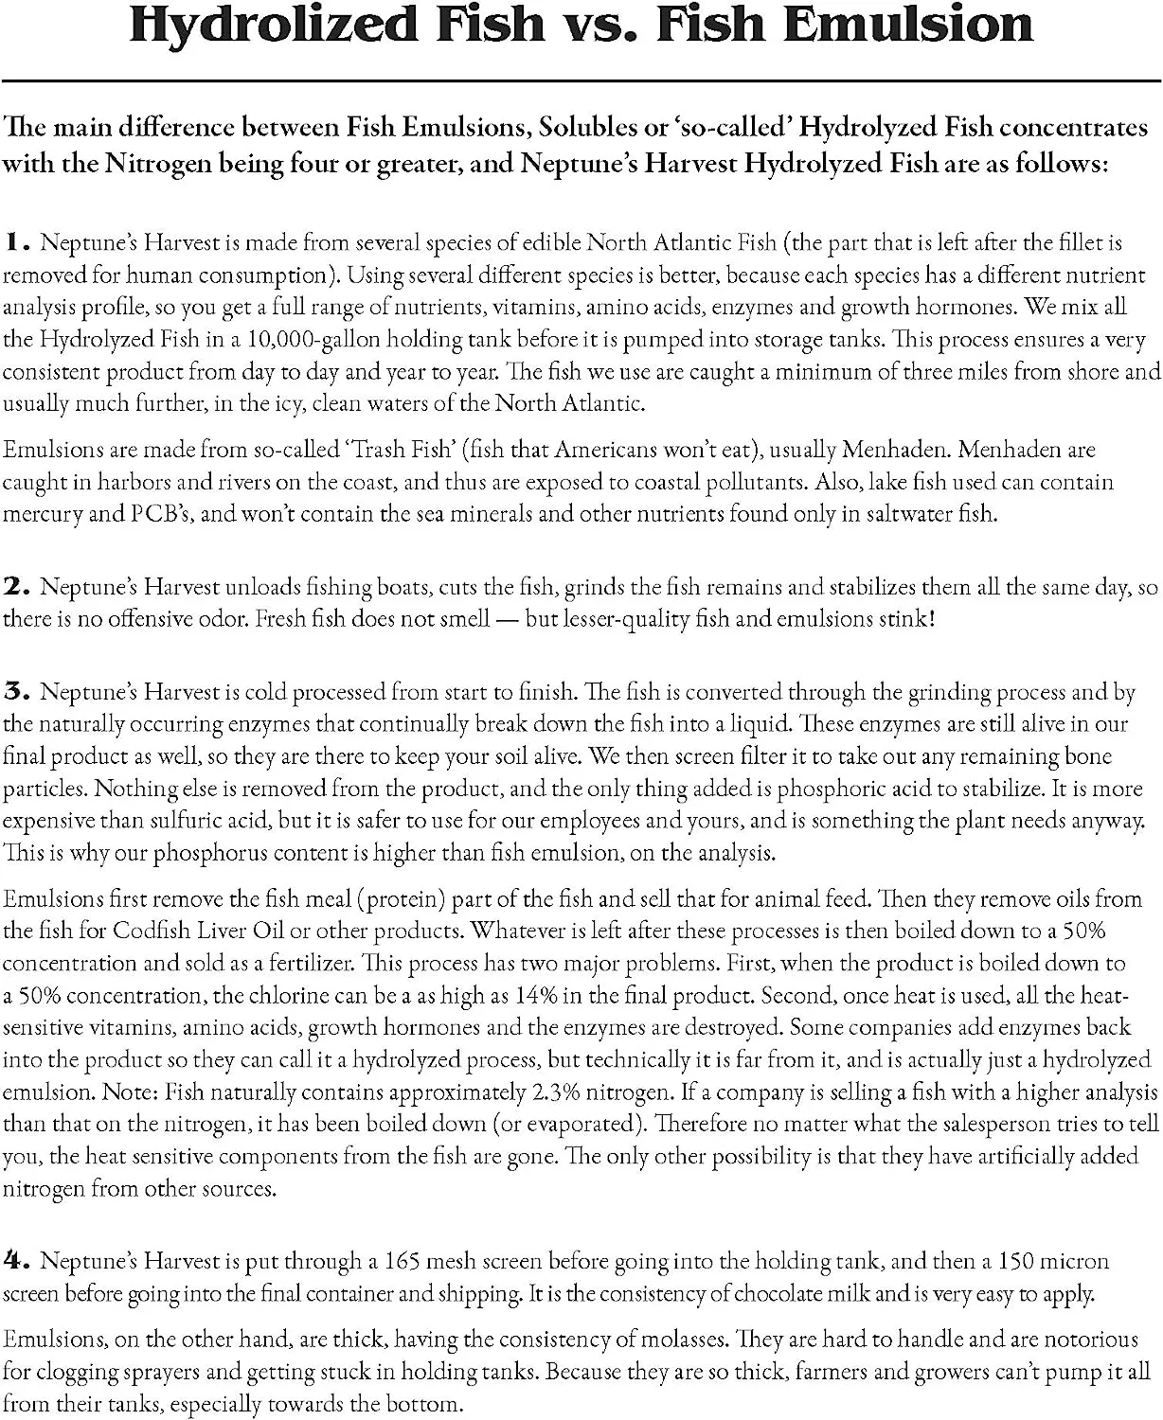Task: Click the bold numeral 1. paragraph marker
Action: (17, 242)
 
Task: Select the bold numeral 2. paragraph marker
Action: (17, 587)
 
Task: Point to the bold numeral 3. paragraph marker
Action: (17, 692)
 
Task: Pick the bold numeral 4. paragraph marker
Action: (17, 1261)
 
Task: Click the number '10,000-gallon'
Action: (309, 340)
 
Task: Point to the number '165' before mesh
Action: (402, 1261)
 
